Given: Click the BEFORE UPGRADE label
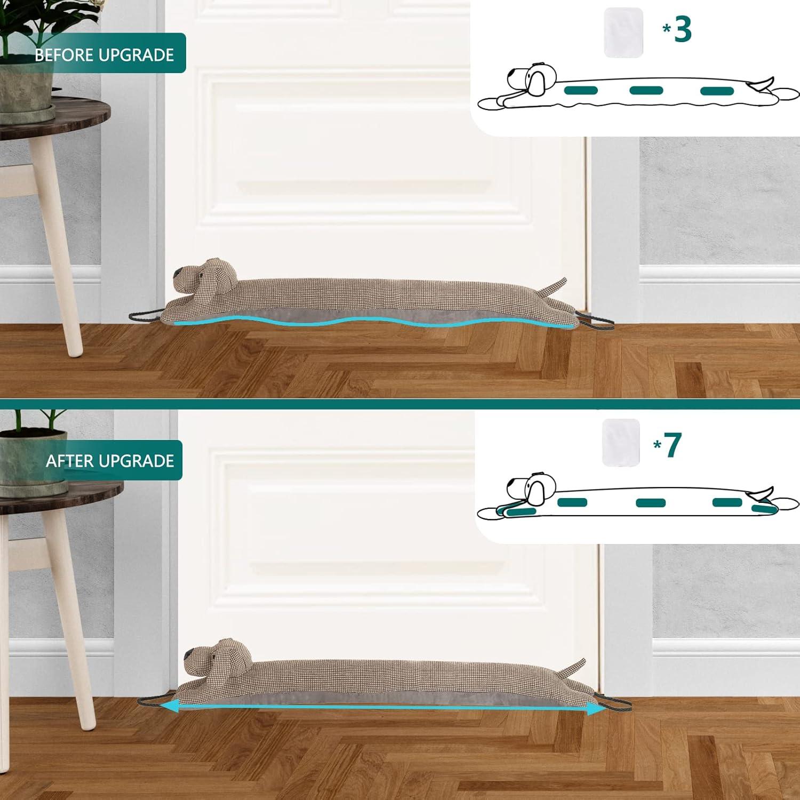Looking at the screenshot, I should [104, 54].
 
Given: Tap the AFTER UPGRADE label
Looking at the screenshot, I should [109, 460].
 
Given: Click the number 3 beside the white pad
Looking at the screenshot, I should [683, 29].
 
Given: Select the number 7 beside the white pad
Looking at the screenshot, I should [673, 445].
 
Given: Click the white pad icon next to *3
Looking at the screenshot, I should [623, 32].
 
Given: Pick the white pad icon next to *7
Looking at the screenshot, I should [621, 442].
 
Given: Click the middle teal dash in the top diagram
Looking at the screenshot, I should [646, 91].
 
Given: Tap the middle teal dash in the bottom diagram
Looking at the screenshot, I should [651, 502].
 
